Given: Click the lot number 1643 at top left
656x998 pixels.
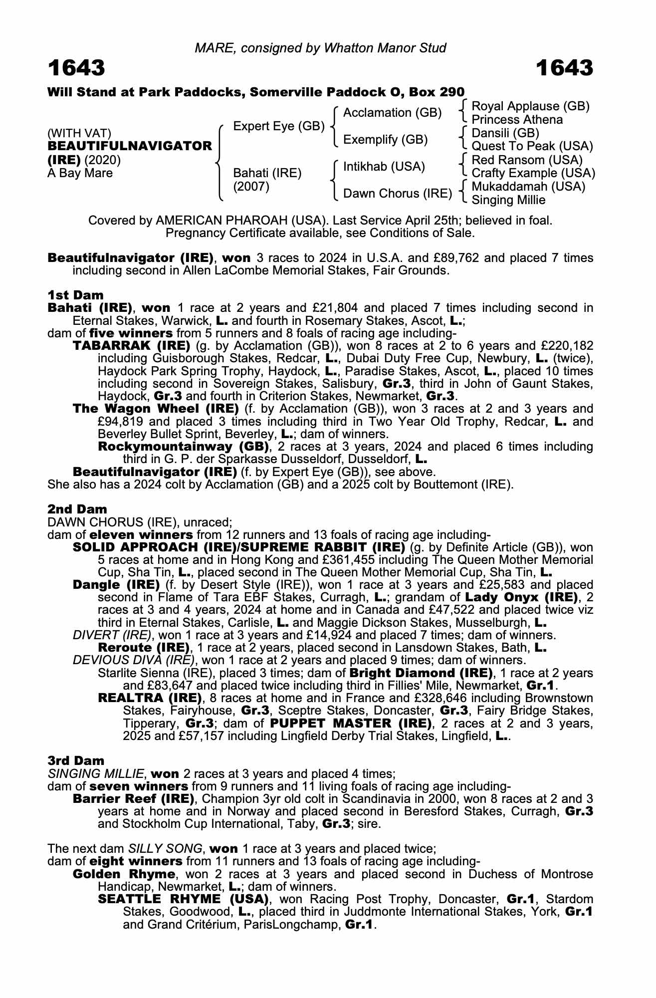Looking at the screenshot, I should pos(76,68).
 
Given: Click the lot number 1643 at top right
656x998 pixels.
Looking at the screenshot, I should pos(565,68).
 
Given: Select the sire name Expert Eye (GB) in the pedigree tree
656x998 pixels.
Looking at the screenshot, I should pos(279,126).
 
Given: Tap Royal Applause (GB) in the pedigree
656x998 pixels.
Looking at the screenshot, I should pos(530,106).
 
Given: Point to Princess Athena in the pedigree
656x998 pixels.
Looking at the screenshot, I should pos(517,120).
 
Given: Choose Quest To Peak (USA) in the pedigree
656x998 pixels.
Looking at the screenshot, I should pos(532,146).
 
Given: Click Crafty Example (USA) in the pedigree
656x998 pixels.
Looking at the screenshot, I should pos(533,173).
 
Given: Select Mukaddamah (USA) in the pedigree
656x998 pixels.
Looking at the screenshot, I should pos(528,187).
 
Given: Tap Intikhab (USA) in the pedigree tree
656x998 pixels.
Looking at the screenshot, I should pos(384,166).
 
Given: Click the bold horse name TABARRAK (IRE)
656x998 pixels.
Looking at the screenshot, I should pos(131,345).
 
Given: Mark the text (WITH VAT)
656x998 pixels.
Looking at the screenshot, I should pos(79,133).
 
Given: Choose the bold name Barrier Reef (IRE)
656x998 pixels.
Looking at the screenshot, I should pos(133,798).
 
